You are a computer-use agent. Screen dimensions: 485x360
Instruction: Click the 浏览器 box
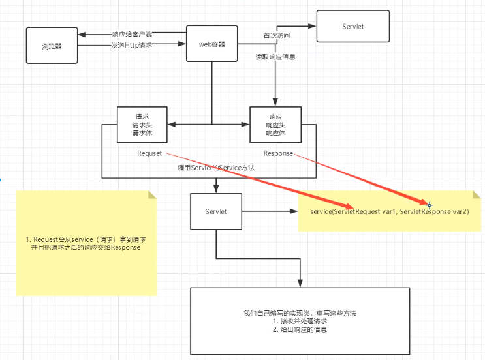[52, 46]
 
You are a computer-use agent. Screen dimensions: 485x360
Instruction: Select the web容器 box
[212, 44]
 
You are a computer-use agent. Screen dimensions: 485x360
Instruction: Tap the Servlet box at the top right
[353, 26]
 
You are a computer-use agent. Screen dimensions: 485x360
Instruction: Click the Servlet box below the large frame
[216, 211]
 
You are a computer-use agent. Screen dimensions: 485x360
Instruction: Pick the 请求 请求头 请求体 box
[142, 125]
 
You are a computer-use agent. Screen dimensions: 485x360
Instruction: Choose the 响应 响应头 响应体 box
[275, 125]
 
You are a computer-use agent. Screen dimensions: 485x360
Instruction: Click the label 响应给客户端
[132, 34]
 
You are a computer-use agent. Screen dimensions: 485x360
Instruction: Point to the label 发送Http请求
[131, 46]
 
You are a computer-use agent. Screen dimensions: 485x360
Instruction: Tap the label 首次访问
[277, 35]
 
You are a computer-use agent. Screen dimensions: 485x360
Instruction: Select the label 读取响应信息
[275, 57]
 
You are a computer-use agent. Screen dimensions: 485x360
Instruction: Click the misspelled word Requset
[149, 153]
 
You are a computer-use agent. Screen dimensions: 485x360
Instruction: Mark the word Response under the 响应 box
[278, 153]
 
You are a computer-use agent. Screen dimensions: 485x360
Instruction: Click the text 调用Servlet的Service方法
[216, 168]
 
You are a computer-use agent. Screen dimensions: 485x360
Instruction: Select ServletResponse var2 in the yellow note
[433, 212]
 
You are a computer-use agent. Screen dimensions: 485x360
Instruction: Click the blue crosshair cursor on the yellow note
[430, 205]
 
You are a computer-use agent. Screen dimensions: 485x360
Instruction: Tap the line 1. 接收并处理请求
[300, 322]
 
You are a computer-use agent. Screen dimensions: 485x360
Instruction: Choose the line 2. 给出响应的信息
[300, 330]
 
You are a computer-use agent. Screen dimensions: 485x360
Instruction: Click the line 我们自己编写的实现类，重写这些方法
[300, 313]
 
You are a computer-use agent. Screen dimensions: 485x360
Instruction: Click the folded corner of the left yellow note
[152, 195]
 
